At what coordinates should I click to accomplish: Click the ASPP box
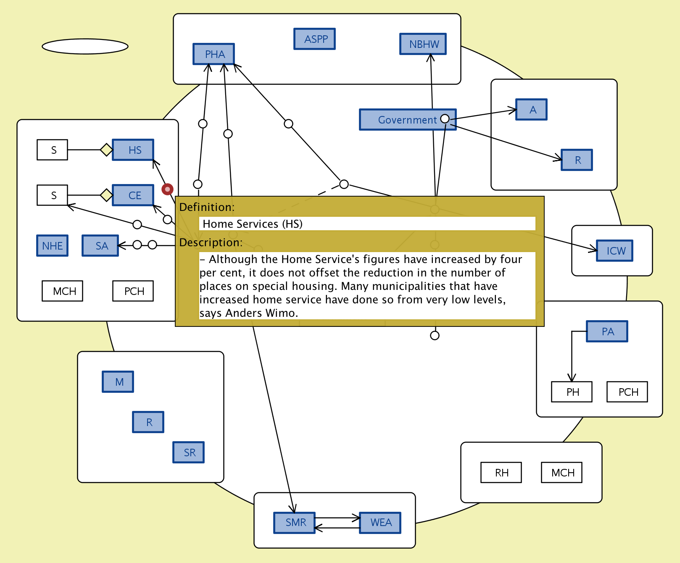pos(314,39)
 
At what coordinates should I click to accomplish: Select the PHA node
pos(213,54)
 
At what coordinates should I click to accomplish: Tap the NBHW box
pos(423,44)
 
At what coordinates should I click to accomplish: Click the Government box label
pos(407,120)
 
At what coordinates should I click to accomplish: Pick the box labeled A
pos(532,110)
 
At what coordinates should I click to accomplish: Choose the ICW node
pos(615,251)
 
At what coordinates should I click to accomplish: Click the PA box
pos(607,331)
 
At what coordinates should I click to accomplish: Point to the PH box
pos(572,392)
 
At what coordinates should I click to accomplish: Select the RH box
pos(501,473)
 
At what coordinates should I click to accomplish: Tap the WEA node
pos(380,523)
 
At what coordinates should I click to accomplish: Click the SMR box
pos(295,523)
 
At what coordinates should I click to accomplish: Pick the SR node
pos(189,453)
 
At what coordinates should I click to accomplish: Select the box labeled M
pos(118,382)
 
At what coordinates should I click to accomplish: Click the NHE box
pos(53,246)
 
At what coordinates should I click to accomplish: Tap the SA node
pos(100,246)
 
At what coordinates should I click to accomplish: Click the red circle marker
pos(167,189)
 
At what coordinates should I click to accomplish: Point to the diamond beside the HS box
pos(106,150)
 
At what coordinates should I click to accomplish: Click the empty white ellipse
pos(85,46)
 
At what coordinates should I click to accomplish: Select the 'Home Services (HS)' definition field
pos(367,224)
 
